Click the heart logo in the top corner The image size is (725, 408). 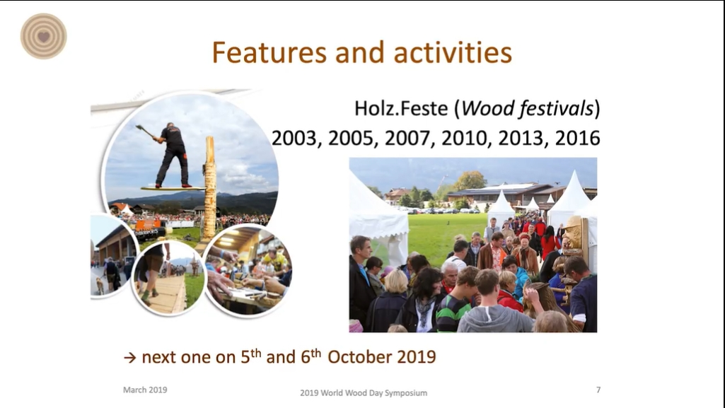point(43,36)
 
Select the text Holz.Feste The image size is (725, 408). point(401,109)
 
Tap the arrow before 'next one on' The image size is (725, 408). point(130,358)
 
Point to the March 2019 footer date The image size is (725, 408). point(145,390)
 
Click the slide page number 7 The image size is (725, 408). point(598,390)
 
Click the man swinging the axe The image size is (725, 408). point(169,154)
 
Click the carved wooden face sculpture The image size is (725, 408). point(574,233)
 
